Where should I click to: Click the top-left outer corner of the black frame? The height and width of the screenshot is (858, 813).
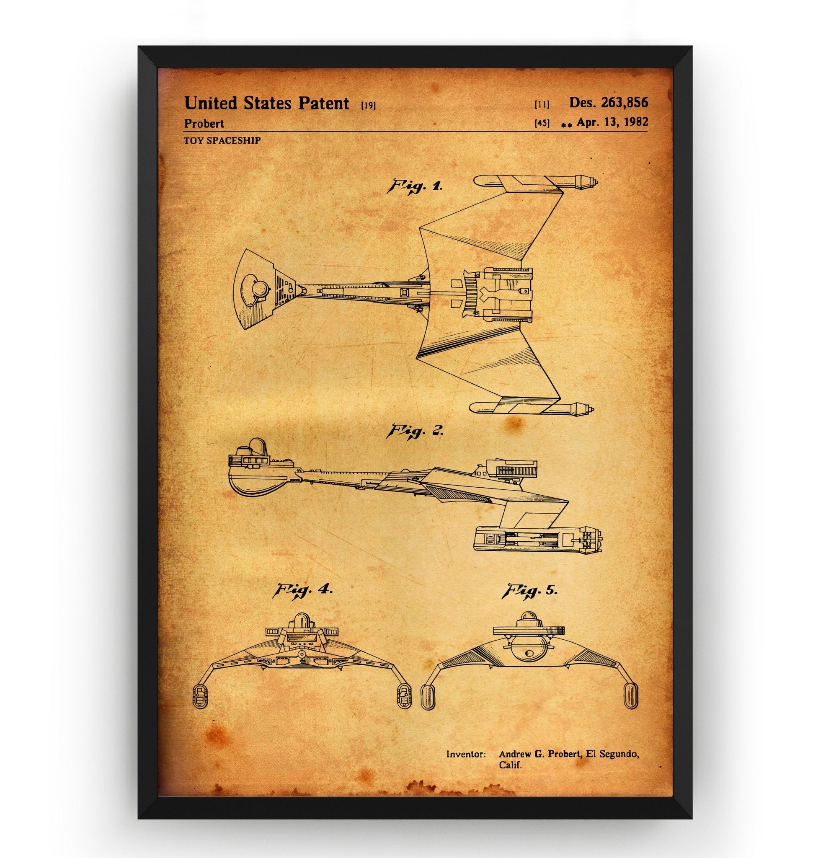[x=138, y=46]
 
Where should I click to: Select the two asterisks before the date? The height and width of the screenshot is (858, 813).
[x=566, y=124]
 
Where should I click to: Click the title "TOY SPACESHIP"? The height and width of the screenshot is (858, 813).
[x=222, y=140]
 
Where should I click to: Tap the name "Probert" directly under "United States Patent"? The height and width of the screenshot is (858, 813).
[x=204, y=124]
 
